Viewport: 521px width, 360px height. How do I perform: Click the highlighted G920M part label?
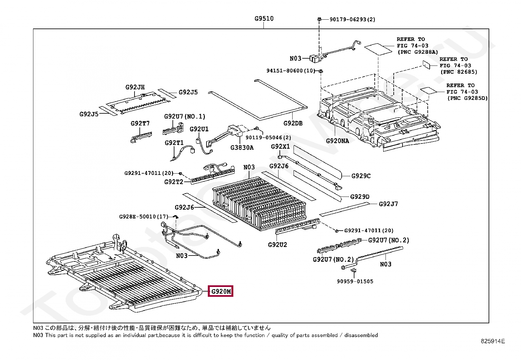tap(221, 291)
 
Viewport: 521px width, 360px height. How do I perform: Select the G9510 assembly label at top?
tap(264, 19)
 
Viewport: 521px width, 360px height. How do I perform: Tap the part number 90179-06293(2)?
tap(352, 19)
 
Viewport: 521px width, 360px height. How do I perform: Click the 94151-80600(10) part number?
tap(291, 71)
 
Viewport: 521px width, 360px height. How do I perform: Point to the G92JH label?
tap(135, 87)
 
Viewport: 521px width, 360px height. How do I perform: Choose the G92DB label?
tap(293, 123)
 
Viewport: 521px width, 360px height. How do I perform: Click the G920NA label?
tap(337, 141)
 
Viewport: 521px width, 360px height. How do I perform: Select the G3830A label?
tap(242, 147)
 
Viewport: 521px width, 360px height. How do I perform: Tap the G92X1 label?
tap(280, 146)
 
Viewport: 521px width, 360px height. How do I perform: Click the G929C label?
tap(361, 176)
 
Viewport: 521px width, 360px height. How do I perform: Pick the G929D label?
tap(360, 197)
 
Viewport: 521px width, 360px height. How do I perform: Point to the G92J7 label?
tap(388, 204)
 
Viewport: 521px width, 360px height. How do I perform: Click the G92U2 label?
tap(277, 245)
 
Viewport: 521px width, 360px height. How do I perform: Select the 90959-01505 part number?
tap(355, 281)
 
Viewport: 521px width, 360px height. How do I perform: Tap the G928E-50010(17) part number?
tap(144, 217)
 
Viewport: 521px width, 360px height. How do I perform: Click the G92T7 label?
tap(140, 123)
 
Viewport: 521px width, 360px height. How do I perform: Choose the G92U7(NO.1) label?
tap(185, 116)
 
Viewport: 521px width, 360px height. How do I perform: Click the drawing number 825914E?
tap(493, 341)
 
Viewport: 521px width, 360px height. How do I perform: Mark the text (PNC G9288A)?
tap(418, 52)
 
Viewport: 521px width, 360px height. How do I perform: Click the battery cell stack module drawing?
tap(259, 203)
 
